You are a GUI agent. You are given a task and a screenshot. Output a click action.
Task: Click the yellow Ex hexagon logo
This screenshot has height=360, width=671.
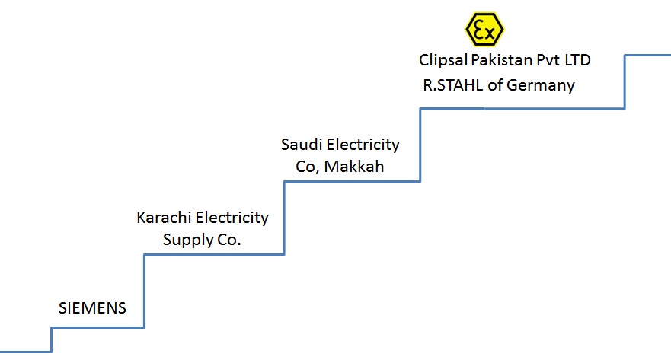click(484, 29)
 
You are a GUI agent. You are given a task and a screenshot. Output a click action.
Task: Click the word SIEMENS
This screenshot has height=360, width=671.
click(92, 308)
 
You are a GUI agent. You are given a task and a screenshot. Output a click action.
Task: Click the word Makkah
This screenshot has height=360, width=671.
click(354, 167)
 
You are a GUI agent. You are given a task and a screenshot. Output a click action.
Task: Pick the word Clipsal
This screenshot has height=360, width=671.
click(443, 59)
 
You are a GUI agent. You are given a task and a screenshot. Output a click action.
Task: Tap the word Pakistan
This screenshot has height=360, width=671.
click(499, 59)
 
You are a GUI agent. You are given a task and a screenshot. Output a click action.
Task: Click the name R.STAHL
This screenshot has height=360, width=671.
click(453, 84)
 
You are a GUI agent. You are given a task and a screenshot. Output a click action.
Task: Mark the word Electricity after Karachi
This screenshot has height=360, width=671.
click(232, 218)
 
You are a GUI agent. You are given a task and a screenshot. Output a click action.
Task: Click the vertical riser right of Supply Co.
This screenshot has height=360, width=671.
click(284, 218)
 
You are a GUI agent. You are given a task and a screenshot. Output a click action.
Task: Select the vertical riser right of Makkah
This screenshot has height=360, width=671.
click(420, 145)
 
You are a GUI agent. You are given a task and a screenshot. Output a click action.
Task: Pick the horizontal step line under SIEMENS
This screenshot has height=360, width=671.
click(97, 327)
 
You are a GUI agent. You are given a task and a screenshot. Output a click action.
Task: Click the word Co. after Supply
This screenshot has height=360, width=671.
click(228, 241)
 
